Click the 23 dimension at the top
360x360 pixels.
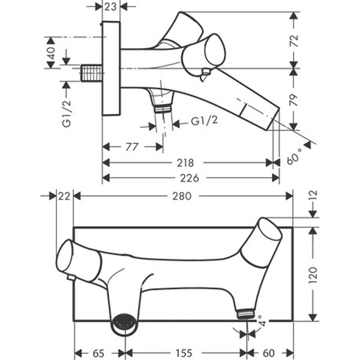(x=110, y=7)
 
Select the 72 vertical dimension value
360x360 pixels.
(x=294, y=41)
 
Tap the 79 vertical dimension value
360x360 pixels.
(x=294, y=100)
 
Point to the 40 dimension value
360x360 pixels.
(x=51, y=53)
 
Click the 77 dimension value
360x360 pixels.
(x=132, y=147)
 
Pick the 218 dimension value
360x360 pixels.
(x=185, y=163)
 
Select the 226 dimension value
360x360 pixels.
(x=190, y=178)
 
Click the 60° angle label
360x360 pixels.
(x=295, y=157)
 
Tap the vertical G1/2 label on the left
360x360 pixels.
(x=67, y=114)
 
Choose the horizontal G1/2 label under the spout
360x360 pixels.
(x=205, y=121)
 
